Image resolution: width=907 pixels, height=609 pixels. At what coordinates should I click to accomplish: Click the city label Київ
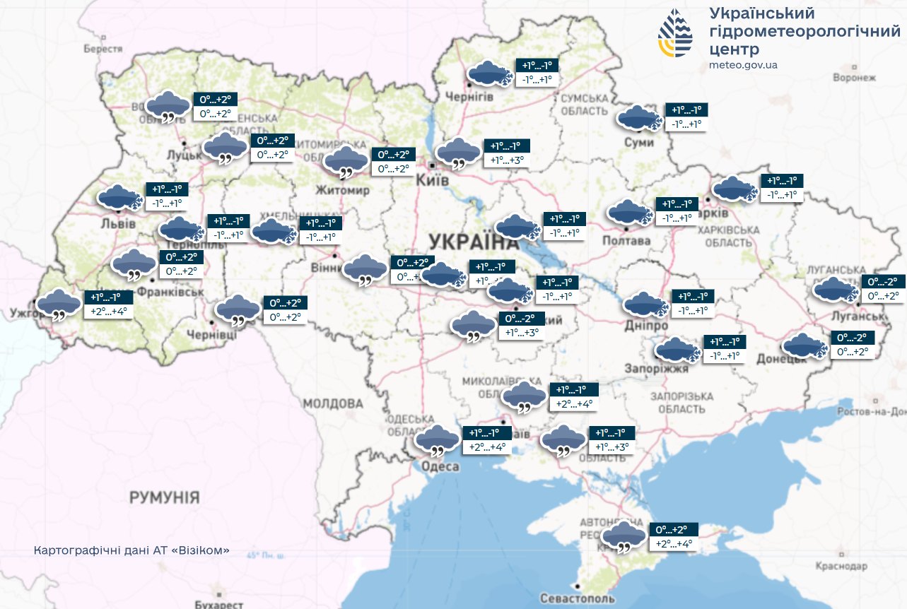pyautogui.click(x=433, y=180)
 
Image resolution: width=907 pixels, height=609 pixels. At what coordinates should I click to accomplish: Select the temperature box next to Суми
pyautogui.click(x=687, y=117)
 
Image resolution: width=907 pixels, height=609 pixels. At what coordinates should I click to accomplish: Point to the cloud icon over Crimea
pyautogui.click(x=624, y=536)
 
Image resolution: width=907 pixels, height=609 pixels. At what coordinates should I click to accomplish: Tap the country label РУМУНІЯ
pyautogui.click(x=164, y=497)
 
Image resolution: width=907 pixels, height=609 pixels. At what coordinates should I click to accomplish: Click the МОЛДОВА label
pyautogui.click(x=333, y=403)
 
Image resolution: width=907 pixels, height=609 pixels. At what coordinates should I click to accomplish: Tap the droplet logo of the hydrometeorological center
pyautogui.click(x=676, y=32)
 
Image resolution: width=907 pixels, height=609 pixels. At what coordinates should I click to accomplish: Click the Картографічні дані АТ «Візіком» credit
pyautogui.click(x=131, y=550)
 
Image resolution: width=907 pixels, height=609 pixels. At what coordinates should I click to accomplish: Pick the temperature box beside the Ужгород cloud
pyautogui.click(x=109, y=304)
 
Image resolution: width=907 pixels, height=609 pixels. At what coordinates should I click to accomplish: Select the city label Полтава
pyautogui.click(x=626, y=241)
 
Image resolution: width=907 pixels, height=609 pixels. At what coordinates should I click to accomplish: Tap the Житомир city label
pyautogui.click(x=343, y=191)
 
